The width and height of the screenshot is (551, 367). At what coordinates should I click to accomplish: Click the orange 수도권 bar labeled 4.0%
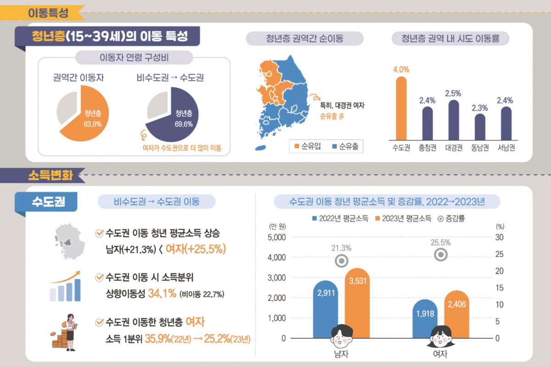pos(401,109)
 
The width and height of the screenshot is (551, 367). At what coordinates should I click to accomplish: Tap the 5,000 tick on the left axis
pos(276,237)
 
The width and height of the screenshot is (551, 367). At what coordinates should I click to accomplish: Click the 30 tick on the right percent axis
pos(500,237)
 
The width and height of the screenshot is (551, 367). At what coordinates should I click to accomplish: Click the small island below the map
pos(260,149)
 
